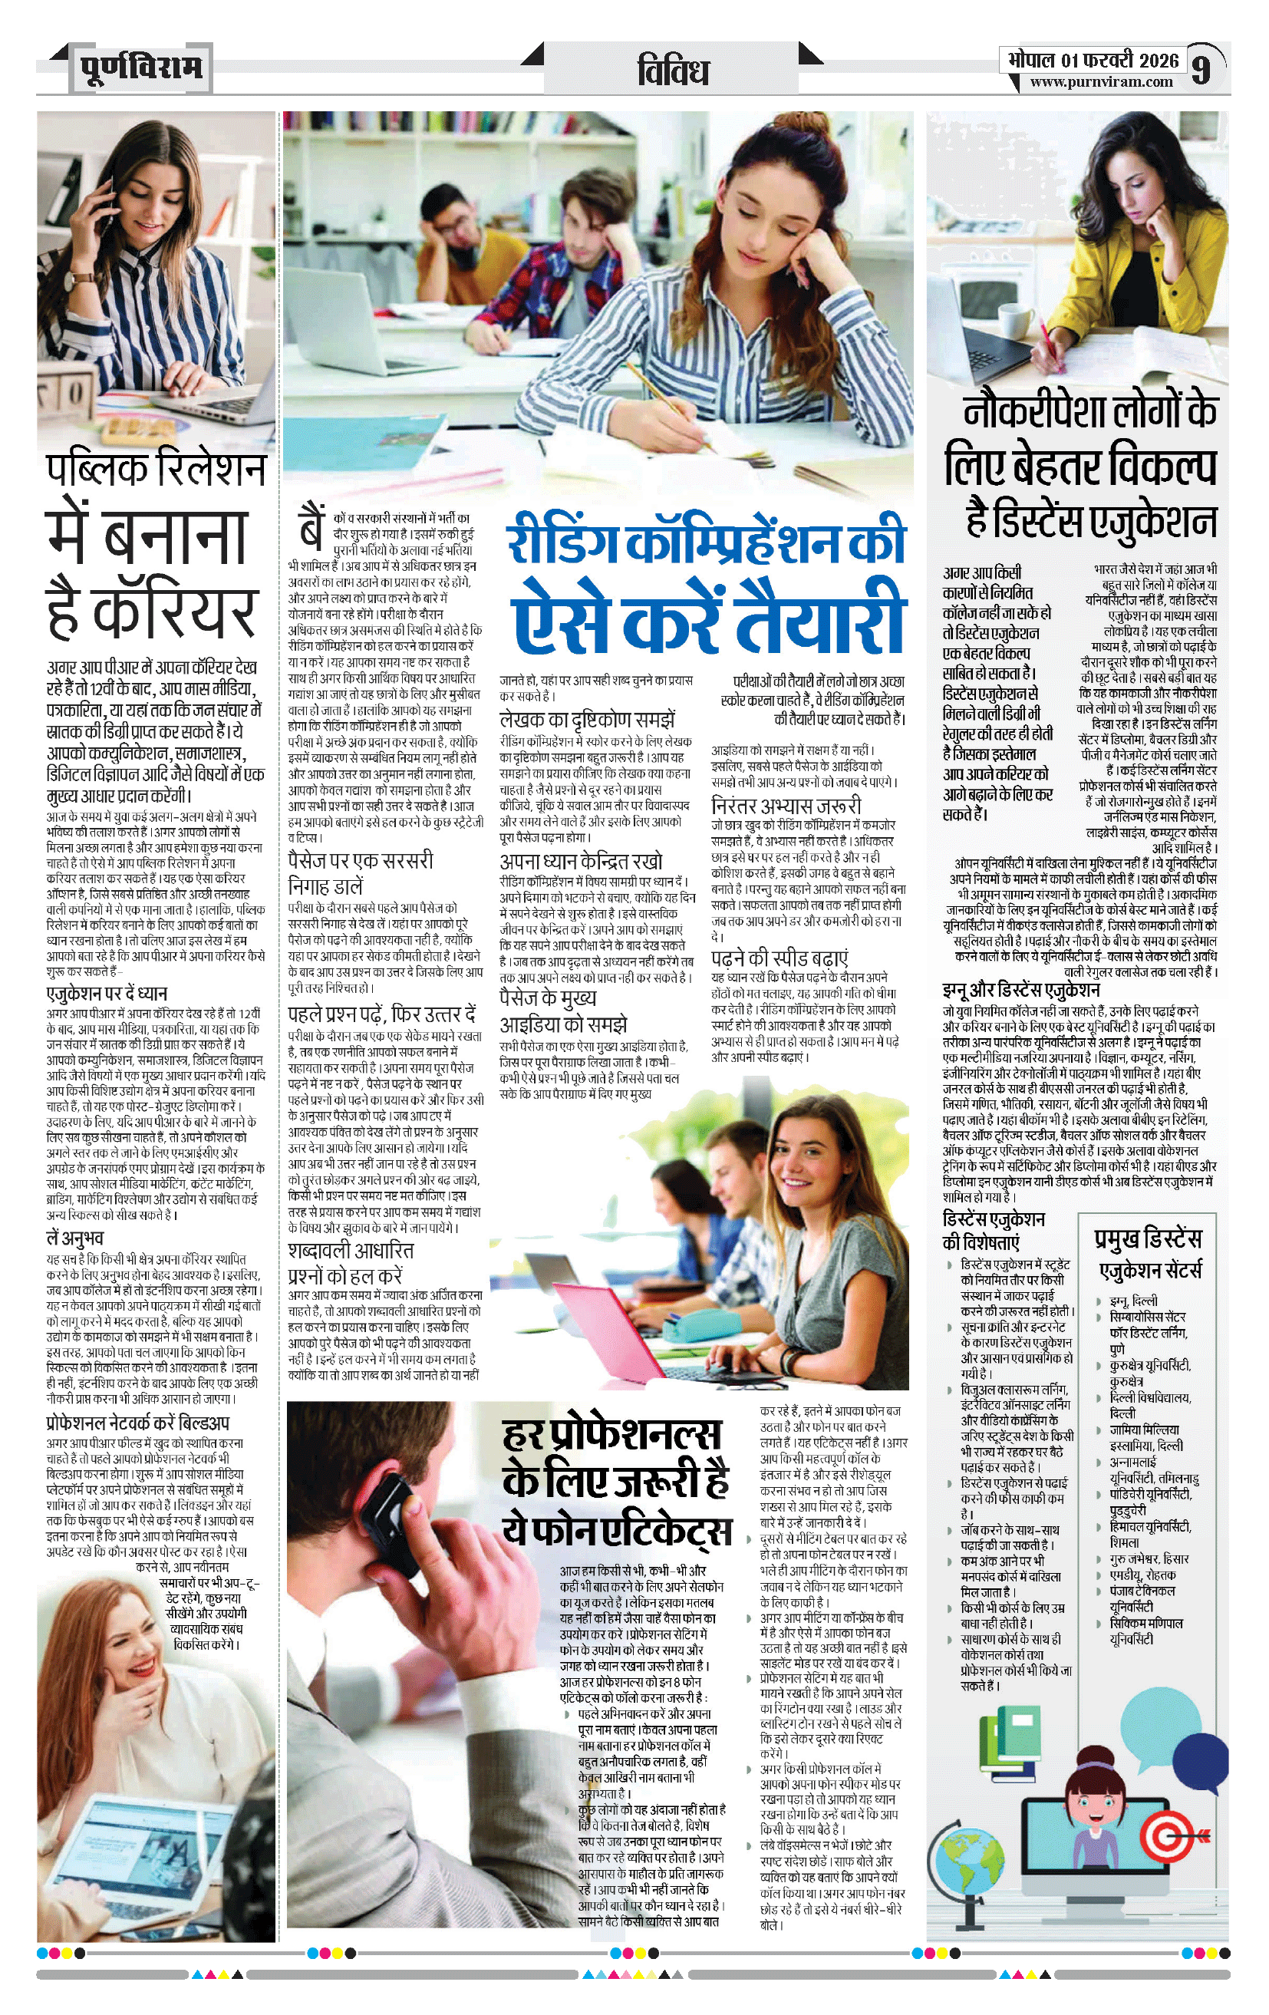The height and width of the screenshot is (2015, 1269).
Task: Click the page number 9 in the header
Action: click(x=1201, y=68)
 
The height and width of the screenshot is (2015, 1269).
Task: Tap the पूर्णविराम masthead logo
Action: click(x=141, y=67)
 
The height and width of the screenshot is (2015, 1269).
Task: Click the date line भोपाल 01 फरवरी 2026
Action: click(x=1093, y=59)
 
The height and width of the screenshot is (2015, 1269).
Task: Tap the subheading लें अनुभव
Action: click(x=74, y=1238)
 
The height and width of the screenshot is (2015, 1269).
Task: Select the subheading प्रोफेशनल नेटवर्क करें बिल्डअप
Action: click(x=138, y=1423)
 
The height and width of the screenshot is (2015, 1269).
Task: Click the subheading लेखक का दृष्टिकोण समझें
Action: click(x=586, y=718)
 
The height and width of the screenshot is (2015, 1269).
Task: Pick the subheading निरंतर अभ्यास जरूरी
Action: click(x=786, y=805)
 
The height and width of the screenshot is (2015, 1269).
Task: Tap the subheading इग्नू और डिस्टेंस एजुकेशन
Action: click(x=1020, y=990)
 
